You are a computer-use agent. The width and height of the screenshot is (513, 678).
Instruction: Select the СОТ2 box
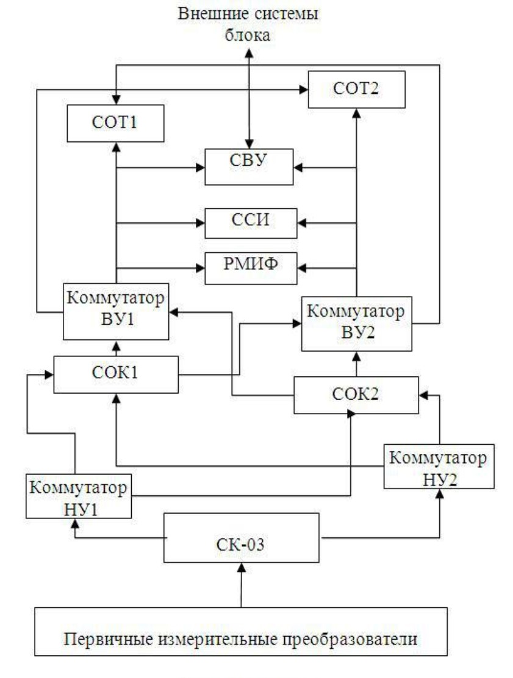(356, 89)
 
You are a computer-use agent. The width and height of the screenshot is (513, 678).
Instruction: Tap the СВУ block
(251, 166)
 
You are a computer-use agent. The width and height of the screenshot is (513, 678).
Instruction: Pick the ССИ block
(251, 223)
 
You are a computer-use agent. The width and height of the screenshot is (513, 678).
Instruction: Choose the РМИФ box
(251, 267)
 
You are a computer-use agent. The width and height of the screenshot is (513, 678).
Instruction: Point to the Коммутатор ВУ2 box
(357, 323)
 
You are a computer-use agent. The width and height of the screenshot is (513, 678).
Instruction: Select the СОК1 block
(116, 374)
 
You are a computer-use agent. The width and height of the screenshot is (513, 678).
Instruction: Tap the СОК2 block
(356, 395)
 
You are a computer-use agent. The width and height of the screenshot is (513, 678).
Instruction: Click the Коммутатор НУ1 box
(79, 496)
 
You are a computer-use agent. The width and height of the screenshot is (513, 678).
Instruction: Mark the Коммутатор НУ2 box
(438, 467)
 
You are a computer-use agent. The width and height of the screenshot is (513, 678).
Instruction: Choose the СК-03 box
(242, 538)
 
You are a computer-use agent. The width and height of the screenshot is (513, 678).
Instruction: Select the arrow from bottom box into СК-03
(242, 585)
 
